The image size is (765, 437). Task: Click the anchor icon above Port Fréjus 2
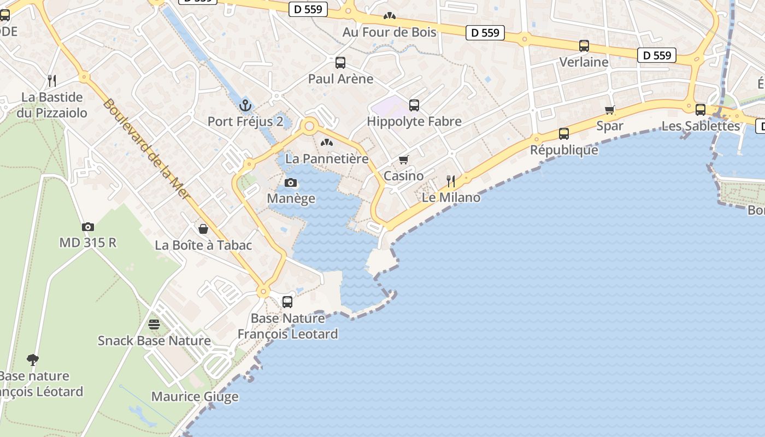[x=245, y=104]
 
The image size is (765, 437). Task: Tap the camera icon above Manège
[x=291, y=182]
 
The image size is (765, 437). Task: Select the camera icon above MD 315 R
[x=87, y=227]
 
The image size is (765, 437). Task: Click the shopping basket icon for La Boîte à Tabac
[x=203, y=228]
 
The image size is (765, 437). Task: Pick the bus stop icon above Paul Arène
[x=340, y=62]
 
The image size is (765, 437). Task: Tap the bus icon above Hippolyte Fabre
[x=414, y=105]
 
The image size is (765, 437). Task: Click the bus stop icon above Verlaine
[x=584, y=46]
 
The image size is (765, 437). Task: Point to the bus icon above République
[x=564, y=133]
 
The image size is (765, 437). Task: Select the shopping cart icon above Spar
[x=610, y=110]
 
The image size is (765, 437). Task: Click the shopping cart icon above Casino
[x=404, y=160]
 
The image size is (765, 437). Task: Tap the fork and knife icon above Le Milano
[x=451, y=181]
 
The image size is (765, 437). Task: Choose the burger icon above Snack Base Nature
[x=154, y=324]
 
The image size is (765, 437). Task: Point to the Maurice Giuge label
[x=195, y=397]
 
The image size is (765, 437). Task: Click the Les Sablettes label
[x=701, y=126]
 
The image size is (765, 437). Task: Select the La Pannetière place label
[x=327, y=159]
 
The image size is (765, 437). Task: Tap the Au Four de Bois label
[x=390, y=32]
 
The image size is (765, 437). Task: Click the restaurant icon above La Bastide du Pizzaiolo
[x=52, y=81]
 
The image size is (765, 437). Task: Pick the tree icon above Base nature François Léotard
[x=33, y=359]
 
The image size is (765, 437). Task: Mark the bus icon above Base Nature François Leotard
[x=287, y=302]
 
